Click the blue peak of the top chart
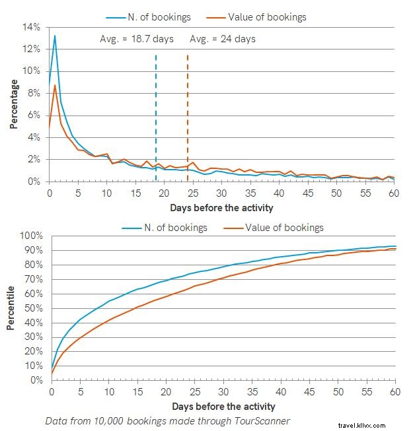(x=55, y=36)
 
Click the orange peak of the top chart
(x=55, y=85)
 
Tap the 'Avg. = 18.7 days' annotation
(x=137, y=39)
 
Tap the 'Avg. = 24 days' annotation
(x=223, y=39)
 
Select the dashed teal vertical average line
(x=156, y=119)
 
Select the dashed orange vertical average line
(x=188, y=119)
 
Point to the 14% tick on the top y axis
(x=31, y=27)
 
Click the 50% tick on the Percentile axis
(x=32, y=308)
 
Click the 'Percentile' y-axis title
(x=11, y=308)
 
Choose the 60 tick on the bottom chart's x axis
(x=395, y=392)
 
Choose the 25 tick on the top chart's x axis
(x=193, y=194)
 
